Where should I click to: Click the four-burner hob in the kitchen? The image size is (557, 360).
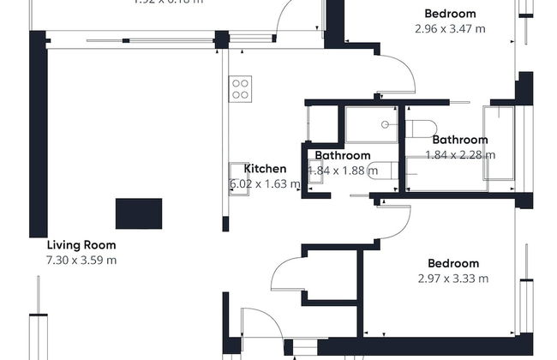point(240,88)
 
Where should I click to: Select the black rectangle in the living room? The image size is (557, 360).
point(139,212)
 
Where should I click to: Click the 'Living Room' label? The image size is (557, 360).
point(81,244)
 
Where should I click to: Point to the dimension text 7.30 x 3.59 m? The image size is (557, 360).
point(81,260)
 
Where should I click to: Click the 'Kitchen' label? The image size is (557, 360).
point(265,169)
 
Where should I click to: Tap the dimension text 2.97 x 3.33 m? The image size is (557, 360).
point(453,279)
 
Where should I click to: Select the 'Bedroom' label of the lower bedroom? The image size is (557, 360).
point(453,263)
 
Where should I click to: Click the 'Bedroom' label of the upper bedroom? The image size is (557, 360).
point(451,14)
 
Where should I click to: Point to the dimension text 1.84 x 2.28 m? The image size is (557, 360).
point(460,155)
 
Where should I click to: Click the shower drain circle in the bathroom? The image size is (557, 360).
point(386,124)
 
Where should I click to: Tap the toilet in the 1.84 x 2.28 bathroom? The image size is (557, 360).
point(421,129)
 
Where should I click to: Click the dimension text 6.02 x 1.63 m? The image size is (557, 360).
point(265,183)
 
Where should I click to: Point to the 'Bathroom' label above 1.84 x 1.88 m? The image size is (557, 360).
point(342,156)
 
